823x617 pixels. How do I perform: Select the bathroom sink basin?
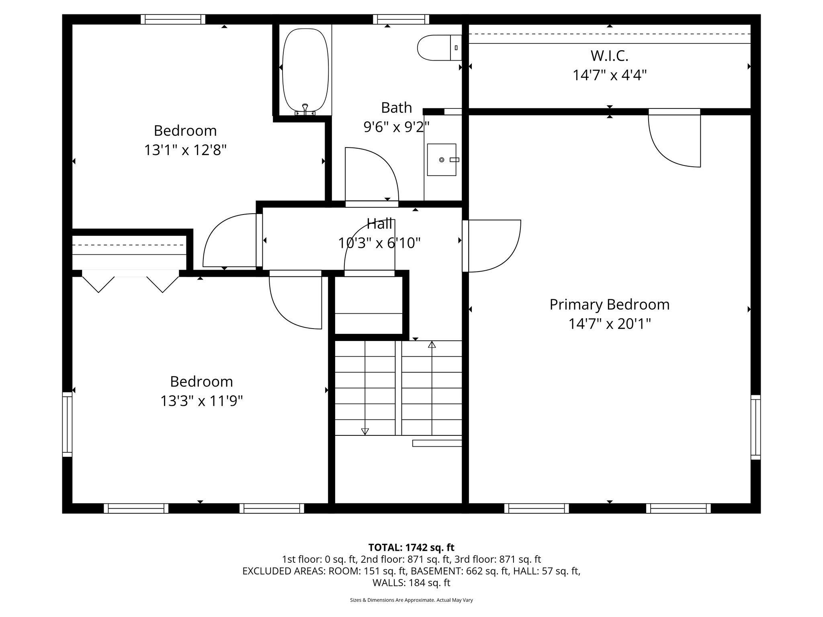tap(441, 160)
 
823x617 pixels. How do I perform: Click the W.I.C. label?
tap(609, 56)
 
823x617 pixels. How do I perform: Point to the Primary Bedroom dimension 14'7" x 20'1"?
tap(609, 324)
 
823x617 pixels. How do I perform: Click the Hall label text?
tap(379, 224)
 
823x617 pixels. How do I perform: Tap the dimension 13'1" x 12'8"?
tap(185, 150)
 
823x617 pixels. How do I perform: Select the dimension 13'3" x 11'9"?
tap(202, 401)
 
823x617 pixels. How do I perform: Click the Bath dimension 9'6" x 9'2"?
tap(396, 127)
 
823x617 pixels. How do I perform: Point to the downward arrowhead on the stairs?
tap(365, 431)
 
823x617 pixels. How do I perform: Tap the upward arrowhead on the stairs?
tap(432, 345)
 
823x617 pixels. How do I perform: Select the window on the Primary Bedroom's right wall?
tap(755, 427)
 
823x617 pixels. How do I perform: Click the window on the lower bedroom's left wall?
tap(67, 425)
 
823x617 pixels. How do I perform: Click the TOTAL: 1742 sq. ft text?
tap(411, 548)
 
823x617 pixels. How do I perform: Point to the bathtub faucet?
tap(305, 108)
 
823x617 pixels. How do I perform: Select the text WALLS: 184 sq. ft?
tap(411, 582)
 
